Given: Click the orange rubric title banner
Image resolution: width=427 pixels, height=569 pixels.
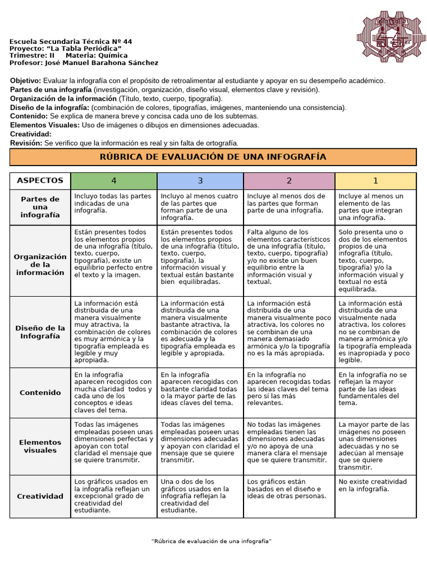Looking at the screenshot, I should (213, 157).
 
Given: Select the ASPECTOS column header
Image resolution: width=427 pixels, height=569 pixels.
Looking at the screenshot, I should (40, 181).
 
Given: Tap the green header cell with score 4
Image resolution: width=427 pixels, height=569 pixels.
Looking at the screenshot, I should (114, 181).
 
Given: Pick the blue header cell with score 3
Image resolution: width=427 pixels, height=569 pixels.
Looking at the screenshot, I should (200, 181).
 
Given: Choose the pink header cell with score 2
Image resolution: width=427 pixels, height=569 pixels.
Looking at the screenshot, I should (289, 181).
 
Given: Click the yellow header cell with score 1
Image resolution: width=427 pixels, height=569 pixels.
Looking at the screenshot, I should (375, 181).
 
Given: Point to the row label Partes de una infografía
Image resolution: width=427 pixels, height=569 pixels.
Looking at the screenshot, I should (40, 207).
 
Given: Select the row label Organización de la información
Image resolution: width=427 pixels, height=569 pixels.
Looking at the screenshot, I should (40, 264).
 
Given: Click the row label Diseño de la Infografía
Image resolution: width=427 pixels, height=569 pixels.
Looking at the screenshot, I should (40, 332).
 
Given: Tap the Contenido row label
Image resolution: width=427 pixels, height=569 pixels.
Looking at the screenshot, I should (40, 392).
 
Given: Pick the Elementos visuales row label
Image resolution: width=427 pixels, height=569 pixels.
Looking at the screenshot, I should (40, 446).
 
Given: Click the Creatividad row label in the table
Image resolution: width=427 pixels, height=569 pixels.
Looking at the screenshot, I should (40, 496).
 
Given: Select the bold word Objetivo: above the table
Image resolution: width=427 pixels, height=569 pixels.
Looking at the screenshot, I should (26, 81).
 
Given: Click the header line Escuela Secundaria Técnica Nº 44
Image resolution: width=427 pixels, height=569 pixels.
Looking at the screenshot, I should (71, 42).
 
